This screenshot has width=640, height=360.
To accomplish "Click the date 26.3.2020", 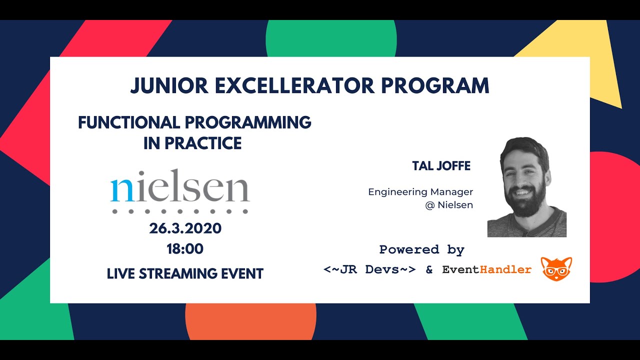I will pos(185,228).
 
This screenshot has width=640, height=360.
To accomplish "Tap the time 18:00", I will pos(185,249).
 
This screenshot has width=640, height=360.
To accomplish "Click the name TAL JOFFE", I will pos(441,166).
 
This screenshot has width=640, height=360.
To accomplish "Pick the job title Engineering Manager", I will pos(420,192).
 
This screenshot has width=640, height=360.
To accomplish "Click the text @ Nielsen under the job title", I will pos(449,205).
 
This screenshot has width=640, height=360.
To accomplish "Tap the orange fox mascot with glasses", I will pos(556,269).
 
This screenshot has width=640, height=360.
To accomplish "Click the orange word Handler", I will pos(505,270).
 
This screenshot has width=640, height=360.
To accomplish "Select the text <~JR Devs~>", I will pos(369,270).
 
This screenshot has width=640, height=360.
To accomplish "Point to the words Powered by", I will pos(422,249).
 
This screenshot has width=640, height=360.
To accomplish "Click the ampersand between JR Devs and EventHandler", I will pos(429,270).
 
